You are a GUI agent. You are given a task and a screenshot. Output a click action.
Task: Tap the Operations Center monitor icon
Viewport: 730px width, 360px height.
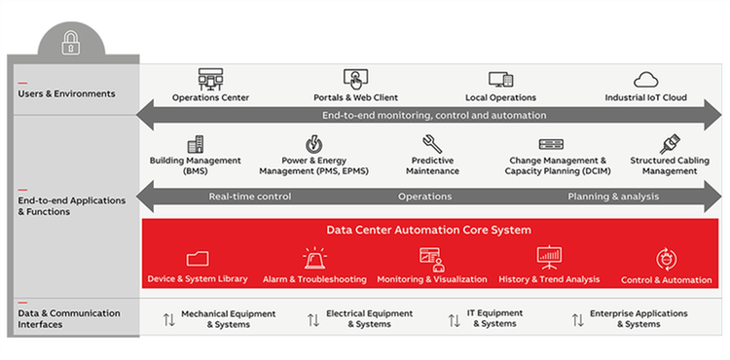[210, 79]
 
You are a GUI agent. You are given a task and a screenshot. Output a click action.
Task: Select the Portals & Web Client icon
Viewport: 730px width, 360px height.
[353, 79]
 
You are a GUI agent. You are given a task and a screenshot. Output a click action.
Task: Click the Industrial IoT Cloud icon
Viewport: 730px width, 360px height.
[646, 79]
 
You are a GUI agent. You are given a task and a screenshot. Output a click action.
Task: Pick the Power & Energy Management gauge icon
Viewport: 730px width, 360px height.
[314, 144]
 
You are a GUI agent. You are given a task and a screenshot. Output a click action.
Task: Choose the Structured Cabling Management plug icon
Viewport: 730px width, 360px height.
[669, 145]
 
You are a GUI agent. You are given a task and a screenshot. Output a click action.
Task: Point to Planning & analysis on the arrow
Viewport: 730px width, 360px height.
[613, 197]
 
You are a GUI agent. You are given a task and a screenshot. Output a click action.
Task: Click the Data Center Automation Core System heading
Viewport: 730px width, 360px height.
[429, 231]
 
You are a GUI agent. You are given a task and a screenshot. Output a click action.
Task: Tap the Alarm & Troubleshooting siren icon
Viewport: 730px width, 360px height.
[314, 258]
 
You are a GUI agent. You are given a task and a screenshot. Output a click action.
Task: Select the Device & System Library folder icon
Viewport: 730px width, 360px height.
[198, 258]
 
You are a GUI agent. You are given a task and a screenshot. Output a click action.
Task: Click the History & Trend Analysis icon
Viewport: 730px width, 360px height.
[549, 257]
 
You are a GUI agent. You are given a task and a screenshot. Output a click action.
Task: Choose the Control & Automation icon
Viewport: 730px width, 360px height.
[667, 259]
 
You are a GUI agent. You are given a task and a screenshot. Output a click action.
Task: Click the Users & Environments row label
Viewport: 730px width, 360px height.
[66, 94]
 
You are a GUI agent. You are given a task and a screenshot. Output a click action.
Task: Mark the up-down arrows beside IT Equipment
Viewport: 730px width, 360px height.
[456, 319]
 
